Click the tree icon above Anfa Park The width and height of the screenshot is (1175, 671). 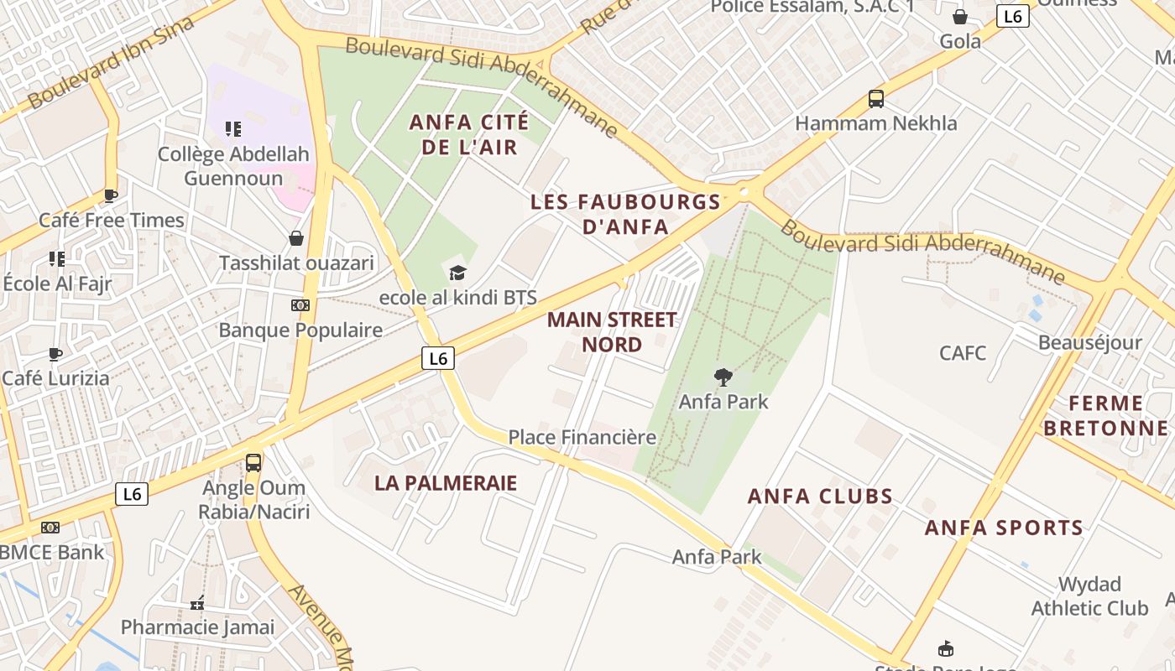(x=722, y=377)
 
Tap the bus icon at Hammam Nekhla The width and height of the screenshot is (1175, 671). (x=876, y=99)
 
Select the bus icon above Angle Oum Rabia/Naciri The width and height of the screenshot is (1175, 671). (x=253, y=462)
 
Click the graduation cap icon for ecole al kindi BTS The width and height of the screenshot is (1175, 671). (x=457, y=273)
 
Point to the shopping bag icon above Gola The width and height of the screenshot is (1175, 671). (x=960, y=17)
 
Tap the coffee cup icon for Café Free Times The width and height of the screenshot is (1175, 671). (x=110, y=196)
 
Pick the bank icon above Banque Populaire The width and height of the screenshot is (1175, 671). (x=300, y=305)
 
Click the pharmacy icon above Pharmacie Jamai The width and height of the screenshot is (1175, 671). (x=197, y=603)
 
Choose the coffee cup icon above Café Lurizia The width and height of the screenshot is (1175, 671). (x=55, y=354)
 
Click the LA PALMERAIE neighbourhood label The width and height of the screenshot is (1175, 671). (x=446, y=483)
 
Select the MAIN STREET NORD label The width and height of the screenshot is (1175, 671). (x=612, y=332)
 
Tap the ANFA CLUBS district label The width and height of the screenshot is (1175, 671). (x=820, y=496)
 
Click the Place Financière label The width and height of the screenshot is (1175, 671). (x=582, y=437)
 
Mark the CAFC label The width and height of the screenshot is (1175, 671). (x=963, y=352)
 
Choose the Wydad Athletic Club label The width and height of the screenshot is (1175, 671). (x=1089, y=596)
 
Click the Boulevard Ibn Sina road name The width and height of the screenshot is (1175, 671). (x=111, y=62)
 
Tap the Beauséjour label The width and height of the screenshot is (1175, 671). (x=1089, y=342)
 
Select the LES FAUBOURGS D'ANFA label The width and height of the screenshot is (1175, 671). (x=625, y=214)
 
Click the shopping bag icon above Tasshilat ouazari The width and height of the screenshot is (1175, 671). (x=295, y=239)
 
